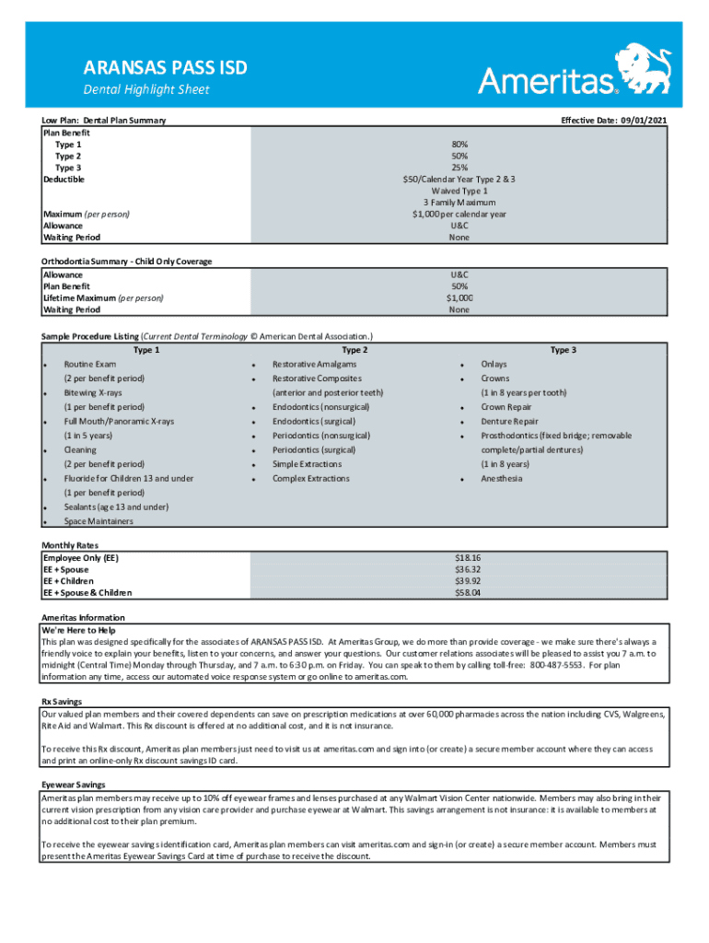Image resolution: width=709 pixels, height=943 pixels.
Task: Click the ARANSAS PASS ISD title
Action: click(166, 68)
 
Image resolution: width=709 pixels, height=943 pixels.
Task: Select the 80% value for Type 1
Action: click(459, 145)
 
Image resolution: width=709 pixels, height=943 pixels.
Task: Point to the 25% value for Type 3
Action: click(459, 168)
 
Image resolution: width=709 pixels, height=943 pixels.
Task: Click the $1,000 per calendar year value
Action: click(459, 214)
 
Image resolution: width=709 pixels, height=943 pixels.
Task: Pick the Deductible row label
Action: click(64, 180)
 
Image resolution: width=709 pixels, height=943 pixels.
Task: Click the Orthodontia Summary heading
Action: click(127, 262)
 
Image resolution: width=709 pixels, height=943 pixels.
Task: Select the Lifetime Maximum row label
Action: click(103, 298)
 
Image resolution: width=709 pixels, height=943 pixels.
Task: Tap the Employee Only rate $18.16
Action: click(468, 558)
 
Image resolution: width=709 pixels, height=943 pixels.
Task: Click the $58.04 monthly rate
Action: click(468, 593)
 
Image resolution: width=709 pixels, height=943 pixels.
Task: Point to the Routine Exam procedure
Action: click(90, 365)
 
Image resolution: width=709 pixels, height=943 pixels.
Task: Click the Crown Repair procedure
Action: click(506, 407)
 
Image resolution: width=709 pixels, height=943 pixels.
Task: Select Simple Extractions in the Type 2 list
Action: click(306, 464)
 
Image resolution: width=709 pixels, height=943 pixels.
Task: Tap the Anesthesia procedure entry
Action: click(501, 479)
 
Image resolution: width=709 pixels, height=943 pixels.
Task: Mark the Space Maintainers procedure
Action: click(99, 521)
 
